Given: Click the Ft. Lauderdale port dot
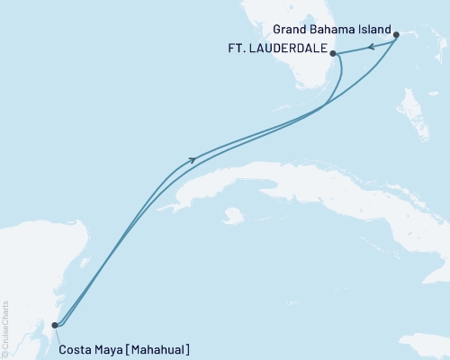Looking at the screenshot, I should coord(333,54).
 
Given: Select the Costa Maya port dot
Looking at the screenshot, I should coord(55,325).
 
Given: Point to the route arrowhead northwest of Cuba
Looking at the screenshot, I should coord(192,160).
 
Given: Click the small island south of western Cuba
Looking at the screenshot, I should coord(233,216).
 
